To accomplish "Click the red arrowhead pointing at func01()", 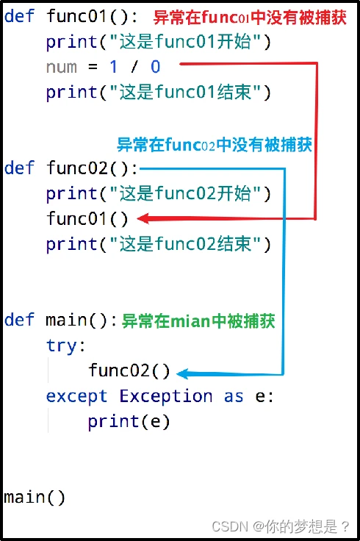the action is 143,218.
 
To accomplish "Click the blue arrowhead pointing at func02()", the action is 182,373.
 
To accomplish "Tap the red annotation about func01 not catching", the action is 250,18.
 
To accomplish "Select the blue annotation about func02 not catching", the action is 215,145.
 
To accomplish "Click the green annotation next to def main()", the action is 198,321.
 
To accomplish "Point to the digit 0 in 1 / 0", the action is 156,67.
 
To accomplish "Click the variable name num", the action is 62,68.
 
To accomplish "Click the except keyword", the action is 76,396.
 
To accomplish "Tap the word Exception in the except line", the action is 166,395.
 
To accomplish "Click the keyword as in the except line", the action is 234,397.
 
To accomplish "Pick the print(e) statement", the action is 129,422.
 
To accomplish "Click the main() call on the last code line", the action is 35,497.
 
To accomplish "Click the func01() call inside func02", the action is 87,219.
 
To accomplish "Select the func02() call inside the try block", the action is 129,371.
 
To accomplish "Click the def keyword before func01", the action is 19,16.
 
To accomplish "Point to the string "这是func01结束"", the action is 185,92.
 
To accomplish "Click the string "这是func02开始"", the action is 185,193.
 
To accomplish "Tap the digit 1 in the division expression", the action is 113,67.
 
